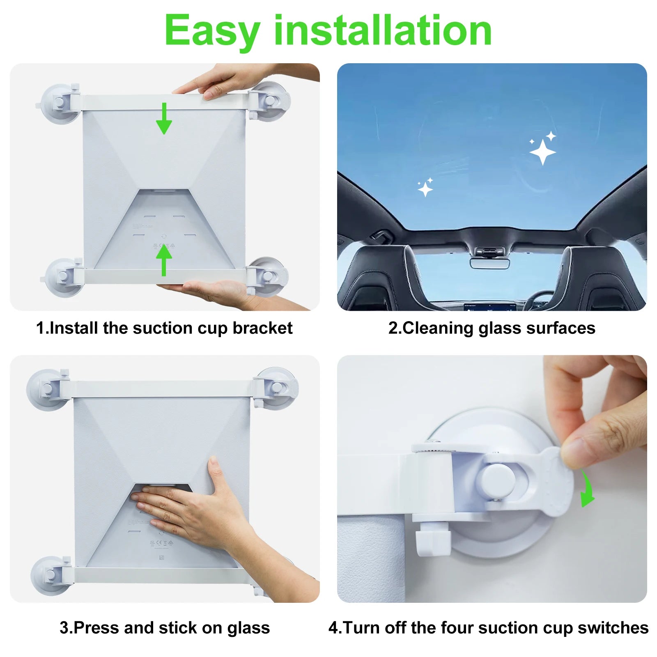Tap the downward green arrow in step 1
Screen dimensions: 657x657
coord(164,119)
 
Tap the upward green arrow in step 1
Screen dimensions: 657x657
coord(164,260)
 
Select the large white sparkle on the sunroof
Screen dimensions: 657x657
coord(542,152)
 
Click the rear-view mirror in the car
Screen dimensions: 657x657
coord(489,263)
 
